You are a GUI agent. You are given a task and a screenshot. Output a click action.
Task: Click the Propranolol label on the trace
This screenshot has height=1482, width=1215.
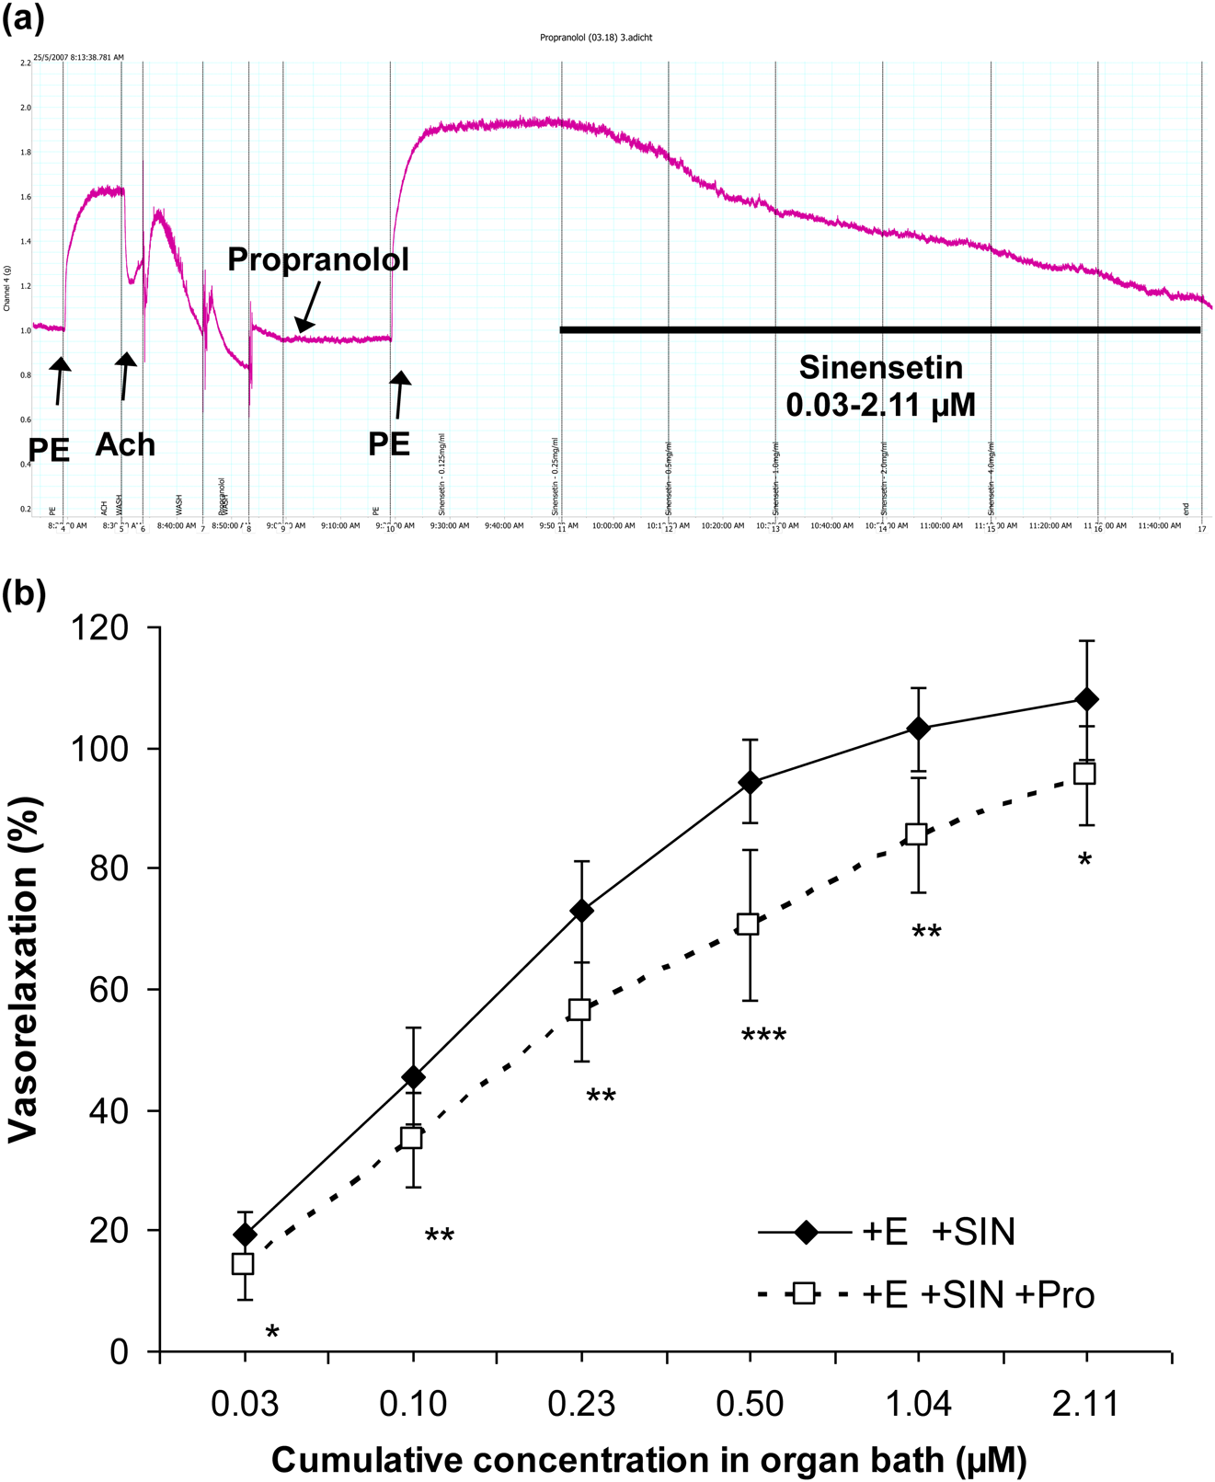(317, 259)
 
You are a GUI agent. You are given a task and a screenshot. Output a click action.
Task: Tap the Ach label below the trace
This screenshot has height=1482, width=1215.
(125, 445)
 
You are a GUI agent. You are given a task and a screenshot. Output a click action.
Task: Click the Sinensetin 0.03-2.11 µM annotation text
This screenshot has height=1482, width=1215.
(881, 385)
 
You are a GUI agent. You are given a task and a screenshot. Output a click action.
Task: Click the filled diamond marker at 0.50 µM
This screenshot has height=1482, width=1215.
(751, 783)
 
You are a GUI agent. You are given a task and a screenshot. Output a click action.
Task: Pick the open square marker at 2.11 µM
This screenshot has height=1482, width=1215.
(1085, 774)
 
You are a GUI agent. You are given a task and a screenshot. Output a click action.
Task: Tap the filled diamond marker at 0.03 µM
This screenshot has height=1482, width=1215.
(245, 1235)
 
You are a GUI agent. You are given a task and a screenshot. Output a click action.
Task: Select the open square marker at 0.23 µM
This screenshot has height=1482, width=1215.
(579, 1009)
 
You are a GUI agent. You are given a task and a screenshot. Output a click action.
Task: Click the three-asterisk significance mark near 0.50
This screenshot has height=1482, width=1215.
(763, 1037)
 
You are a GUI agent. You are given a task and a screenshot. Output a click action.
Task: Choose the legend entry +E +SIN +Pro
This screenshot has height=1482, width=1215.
(929, 1295)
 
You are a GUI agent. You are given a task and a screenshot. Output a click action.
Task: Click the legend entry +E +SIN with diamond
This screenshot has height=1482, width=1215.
(888, 1233)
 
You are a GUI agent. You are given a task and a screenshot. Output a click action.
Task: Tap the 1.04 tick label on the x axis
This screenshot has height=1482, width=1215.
(918, 1405)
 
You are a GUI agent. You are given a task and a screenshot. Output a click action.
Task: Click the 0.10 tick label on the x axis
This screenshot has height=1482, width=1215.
(413, 1405)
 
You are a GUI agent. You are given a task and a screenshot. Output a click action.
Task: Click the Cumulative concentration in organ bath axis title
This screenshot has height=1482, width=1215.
(648, 1460)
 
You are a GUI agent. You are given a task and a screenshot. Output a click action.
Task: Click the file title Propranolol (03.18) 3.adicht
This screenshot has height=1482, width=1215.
(596, 38)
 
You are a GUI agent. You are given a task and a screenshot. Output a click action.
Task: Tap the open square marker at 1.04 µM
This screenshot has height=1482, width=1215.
(916, 834)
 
